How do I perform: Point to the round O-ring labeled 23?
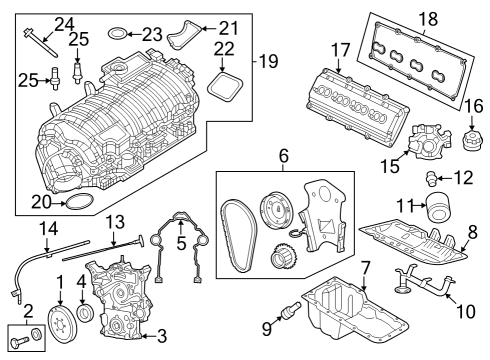[116, 34]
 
